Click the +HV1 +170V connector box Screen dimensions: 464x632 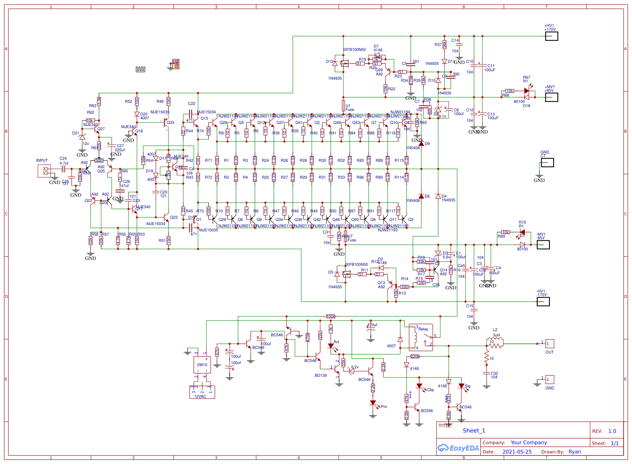tap(552, 36)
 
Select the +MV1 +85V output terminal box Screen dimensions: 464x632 tap(552, 97)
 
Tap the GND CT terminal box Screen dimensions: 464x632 tap(547, 163)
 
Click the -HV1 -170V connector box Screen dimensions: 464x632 tap(543, 302)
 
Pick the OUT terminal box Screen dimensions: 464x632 tap(550, 343)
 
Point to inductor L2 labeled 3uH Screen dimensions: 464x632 tap(496, 344)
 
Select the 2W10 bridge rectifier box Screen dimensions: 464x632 tap(202, 365)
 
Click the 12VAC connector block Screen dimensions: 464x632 tap(202, 392)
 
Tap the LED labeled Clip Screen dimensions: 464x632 tap(419, 386)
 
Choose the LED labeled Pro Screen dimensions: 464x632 tap(373, 403)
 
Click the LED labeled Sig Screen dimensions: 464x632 tap(461, 386)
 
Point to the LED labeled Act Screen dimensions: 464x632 tap(331, 346)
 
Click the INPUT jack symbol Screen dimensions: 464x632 tap(44, 171)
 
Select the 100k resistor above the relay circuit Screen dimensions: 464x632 tap(331, 316)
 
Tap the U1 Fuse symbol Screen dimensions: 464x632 tap(343, 106)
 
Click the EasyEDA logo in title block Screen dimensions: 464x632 tap(458, 448)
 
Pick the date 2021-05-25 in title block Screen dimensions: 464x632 tap(517, 452)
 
